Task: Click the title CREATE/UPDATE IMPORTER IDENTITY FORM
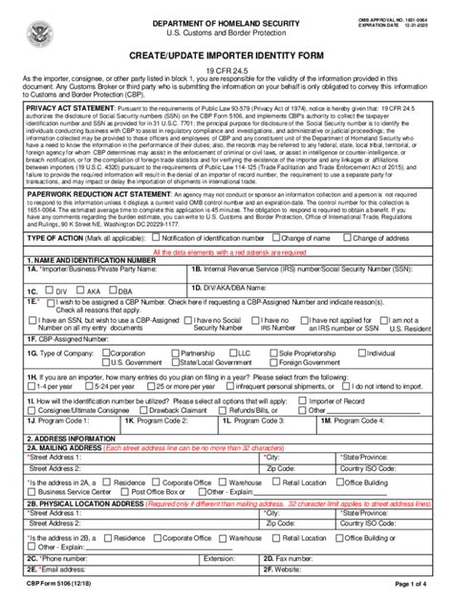226,58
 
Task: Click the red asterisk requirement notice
226,251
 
